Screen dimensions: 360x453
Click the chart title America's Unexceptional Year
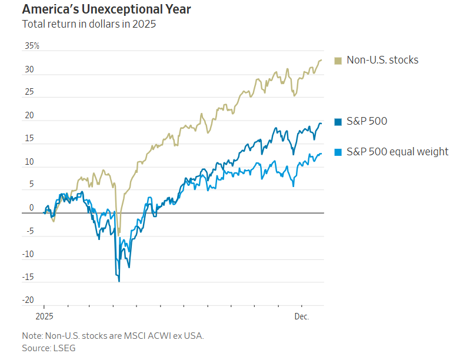pos(106,10)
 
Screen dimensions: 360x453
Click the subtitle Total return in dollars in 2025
pos(89,25)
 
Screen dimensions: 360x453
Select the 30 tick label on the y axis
pos(29,69)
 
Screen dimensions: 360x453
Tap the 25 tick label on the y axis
pos(29,92)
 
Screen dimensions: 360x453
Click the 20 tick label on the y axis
pos(29,116)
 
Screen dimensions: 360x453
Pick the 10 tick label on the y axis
pos(29,162)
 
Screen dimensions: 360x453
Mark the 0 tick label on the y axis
pos(32,208)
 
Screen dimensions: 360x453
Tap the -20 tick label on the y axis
pos(27,301)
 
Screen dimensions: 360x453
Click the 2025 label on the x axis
pos(44,316)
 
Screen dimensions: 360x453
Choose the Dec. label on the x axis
pos(302,316)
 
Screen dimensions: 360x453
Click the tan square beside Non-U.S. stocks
pos(338,60)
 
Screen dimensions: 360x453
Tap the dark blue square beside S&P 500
pos(338,122)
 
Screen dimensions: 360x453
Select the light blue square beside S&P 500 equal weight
pos(338,152)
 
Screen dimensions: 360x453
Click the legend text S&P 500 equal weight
pos(397,152)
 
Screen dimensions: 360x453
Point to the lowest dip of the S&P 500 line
pos(119,281)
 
